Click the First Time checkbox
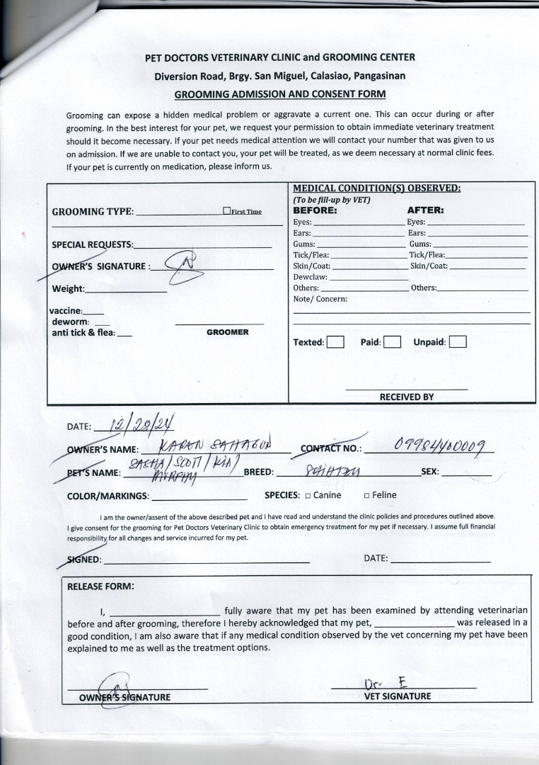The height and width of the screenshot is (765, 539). (x=227, y=211)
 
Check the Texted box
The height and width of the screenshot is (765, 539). (x=335, y=342)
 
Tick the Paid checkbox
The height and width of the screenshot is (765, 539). (x=393, y=342)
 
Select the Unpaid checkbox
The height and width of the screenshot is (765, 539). (x=458, y=342)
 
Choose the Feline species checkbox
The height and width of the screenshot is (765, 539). (x=366, y=496)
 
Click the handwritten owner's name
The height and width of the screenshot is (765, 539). (x=212, y=446)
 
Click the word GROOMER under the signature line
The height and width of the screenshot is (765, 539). (x=227, y=332)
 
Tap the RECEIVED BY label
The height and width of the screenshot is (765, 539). (x=407, y=397)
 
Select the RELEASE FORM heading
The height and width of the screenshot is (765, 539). (x=100, y=586)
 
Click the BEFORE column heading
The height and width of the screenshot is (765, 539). (x=315, y=210)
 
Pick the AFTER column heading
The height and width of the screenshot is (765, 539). (x=425, y=210)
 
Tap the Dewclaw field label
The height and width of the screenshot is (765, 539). (x=310, y=277)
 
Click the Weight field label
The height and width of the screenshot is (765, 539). (x=68, y=289)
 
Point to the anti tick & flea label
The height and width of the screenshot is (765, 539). (x=83, y=332)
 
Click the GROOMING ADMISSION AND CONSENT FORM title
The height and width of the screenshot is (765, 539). (x=279, y=93)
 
